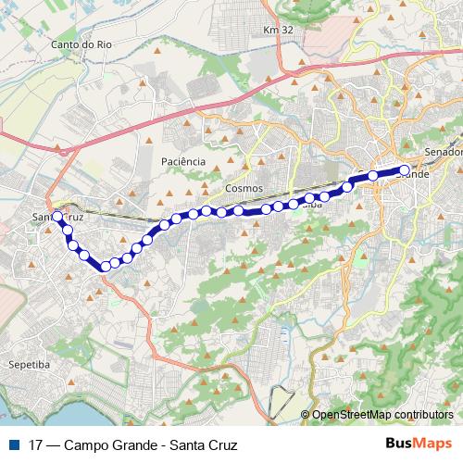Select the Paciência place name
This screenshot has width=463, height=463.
[181, 161]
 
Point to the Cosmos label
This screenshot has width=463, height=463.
[244, 188]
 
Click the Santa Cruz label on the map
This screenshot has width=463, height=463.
[58, 218]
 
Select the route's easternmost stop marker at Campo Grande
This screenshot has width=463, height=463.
[404, 169]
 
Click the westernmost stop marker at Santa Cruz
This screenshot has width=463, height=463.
[57, 217]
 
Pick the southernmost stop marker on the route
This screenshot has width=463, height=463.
[106, 266]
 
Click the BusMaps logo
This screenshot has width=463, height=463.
[419, 445]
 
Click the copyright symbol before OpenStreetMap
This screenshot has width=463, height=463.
[306, 415]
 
